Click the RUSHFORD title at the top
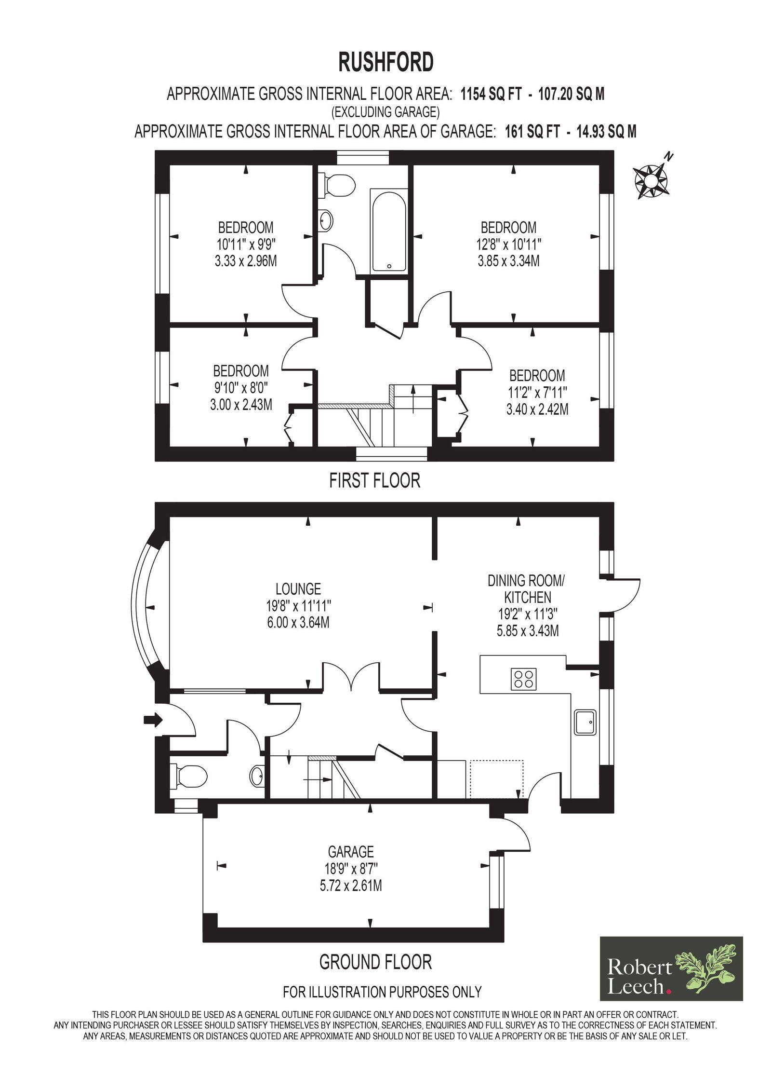[385, 62]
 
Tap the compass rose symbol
[652, 179]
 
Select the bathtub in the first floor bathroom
[388, 230]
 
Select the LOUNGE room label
[298, 588]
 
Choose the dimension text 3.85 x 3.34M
[508, 261]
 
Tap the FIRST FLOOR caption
[374, 480]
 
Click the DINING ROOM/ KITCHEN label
[526, 588]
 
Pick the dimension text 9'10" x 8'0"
[241, 387]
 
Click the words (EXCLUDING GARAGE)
[385, 112]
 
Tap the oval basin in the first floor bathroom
[326, 221]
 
